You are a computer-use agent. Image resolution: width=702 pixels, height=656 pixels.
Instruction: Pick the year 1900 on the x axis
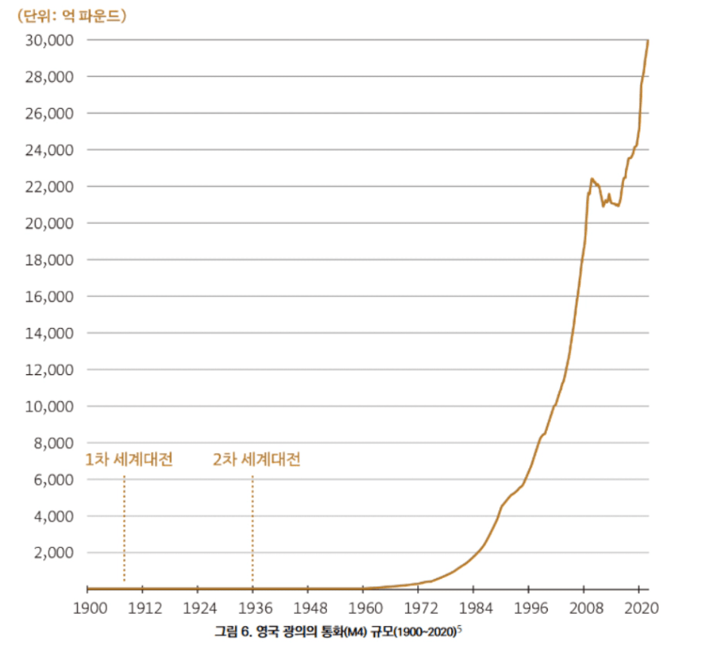coord(88,607)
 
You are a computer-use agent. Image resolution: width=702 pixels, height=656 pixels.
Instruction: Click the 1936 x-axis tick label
coord(253,607)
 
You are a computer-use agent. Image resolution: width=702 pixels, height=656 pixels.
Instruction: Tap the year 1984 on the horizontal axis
coord(474,607)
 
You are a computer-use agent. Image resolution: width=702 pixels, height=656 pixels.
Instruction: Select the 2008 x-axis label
coord(584,607)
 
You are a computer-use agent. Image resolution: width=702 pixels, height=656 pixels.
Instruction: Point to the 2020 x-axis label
coord(639,607)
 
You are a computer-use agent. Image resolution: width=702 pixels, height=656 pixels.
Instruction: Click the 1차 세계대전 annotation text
coord(129,460)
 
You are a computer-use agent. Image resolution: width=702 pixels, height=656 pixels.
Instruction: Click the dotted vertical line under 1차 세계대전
coord(124,528)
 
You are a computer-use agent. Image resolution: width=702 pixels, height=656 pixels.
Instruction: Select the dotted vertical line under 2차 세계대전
coord(252,528)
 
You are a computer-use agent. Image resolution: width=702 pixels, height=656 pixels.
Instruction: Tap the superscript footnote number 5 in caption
coord(459,628)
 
